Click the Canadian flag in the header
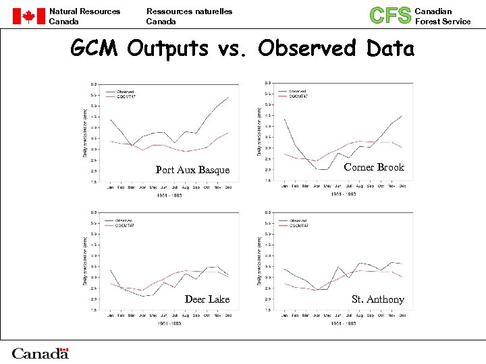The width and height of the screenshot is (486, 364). pyautogui.click(x=28, y=16)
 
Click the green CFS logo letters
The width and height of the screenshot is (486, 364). pyautogui.click(x=390, y=16)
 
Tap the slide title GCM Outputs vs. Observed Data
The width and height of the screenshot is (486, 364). pyautogui.click(x=243, y=49)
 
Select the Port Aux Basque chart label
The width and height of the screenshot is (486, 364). pyautogui.click(x=192, y=170)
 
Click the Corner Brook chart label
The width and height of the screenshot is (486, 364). pyautogui.click(x=374, y=167)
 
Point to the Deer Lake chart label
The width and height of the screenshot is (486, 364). pyautogui.click(x=207, y=299)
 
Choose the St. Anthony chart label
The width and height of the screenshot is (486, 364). pyautogui.click(x=378, y=299)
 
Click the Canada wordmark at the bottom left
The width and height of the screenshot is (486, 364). pyautogui.click(x=40, y=353)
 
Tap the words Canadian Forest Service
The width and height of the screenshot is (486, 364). pyautogui.click(x=442, y=16)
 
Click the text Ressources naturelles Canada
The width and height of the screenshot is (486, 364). pyautogui.click(x=189, y=16)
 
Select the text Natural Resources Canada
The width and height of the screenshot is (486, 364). pyautogui.click(x=84, y=16)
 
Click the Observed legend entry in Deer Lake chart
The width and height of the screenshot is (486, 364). pyautogui.click(x=125, y=220)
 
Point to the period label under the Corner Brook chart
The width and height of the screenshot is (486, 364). pyautogui.click(x=342, y=193)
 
